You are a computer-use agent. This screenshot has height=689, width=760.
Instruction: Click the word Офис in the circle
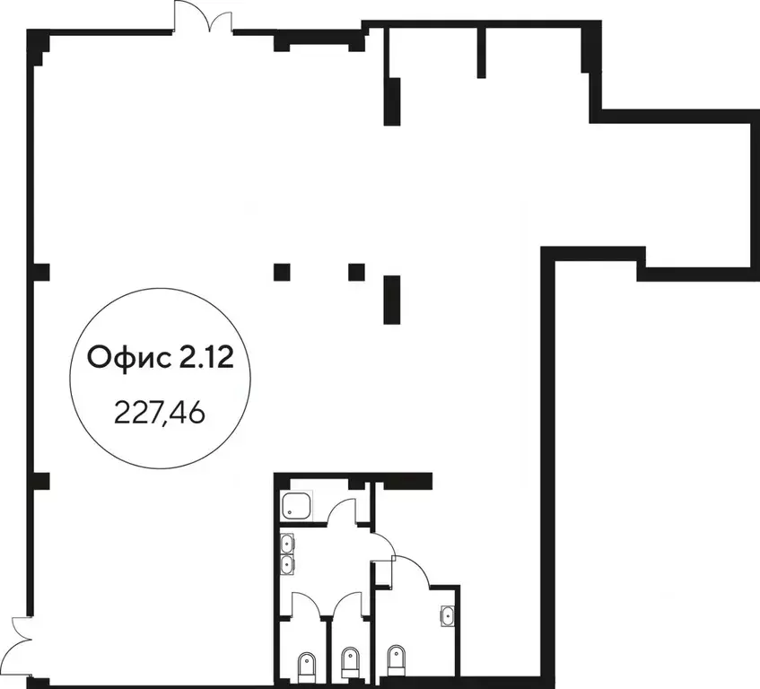[x=129, y=358]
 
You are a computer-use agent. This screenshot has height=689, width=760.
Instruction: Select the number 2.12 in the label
[x=206, y=358]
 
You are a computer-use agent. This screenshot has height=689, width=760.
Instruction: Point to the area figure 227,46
[x=160, y=414]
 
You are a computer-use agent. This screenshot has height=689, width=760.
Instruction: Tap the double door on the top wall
[x=203, y=16]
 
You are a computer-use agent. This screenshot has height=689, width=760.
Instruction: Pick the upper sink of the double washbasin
[x=288, y=544]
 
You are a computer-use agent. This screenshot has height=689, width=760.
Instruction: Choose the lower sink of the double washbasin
[x=288, y=564]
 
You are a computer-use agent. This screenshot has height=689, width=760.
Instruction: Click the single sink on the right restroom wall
[x=448, y=615]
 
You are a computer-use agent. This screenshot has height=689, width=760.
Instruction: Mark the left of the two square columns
[x=282, y=272]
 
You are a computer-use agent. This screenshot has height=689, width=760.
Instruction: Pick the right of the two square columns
[x=357, y=272]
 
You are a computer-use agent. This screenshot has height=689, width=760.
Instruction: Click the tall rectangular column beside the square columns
[x=392, y=300]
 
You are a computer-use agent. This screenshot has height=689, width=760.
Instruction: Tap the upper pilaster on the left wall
[x=40, y=272]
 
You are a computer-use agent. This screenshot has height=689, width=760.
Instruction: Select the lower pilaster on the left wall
[x=40, y=481]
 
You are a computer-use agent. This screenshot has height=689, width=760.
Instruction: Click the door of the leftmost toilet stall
[x=306, y=604]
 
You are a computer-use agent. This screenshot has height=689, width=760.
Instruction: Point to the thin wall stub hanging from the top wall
[x=481, y=53]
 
